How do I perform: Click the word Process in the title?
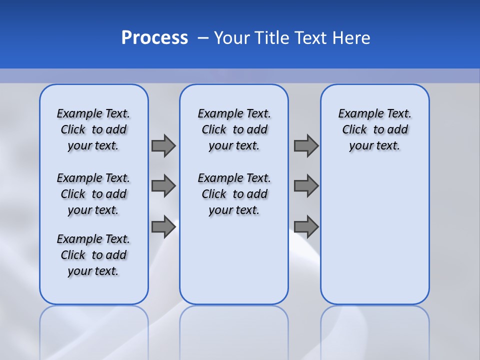[x=154, y=37]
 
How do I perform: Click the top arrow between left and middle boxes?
[x=163, y=145]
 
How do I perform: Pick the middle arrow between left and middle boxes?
[x=163, y=186]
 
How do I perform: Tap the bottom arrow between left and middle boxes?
[x=163, y=226]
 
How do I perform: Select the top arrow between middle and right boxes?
[x=306, y=145]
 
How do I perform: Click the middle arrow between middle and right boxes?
[x=306, y=186]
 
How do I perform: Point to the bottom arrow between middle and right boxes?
[x=306, y=226]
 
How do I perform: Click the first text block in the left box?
[x=93, y=129]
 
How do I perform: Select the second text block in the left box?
[x=93, y=194]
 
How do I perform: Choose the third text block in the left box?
[x=93, y=255]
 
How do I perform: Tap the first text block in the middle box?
[x=234, y=129]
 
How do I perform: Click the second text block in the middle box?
[x=234, y=194]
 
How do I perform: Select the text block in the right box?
[x=374, y=129]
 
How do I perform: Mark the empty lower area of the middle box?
[x=234, y=260]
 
